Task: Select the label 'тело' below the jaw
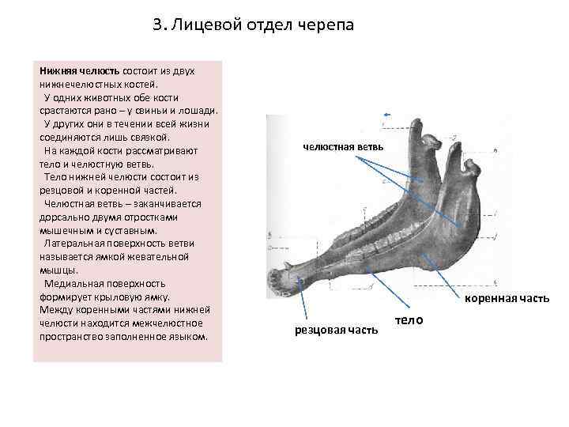(409, 319)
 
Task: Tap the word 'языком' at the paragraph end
(187, 336)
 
